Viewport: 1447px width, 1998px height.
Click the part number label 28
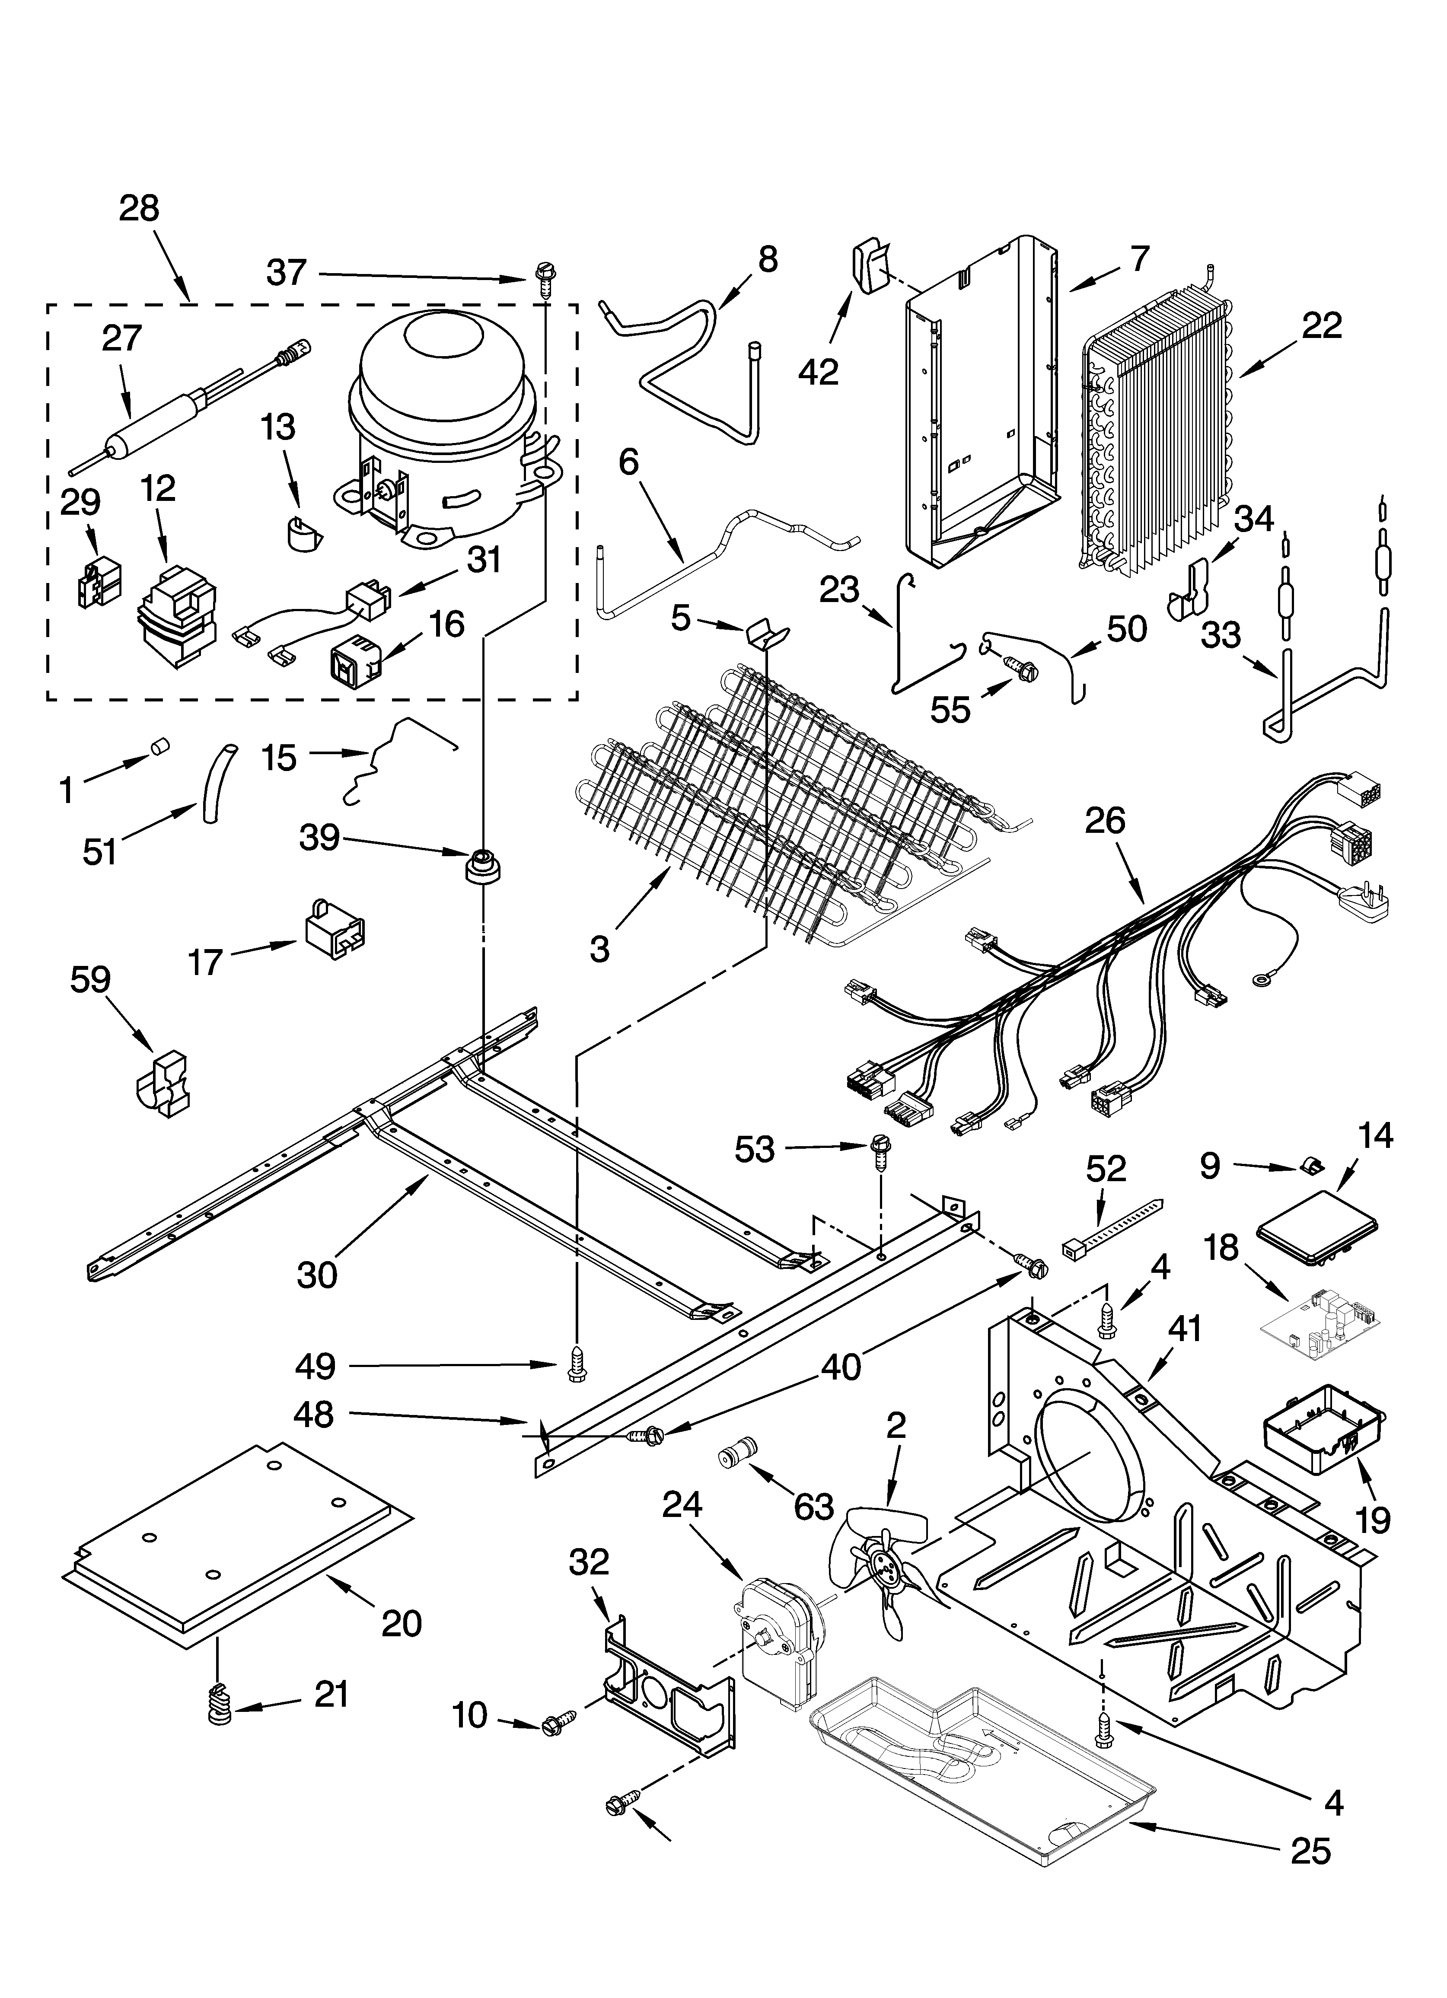point(139,209)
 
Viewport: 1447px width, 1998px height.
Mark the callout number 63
point(813,1507)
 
